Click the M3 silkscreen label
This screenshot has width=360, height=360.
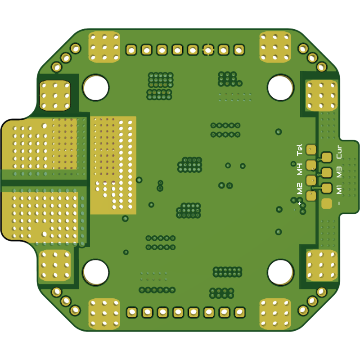coord(339,171)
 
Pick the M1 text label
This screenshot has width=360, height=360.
coord(339,189)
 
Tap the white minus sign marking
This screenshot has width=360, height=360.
coord(339,203)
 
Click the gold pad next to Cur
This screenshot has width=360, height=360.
coord(326,157)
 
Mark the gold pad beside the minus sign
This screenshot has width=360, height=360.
coord(326,203)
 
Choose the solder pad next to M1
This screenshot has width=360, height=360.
coord(326,188)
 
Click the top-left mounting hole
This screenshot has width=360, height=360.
coord(95,87)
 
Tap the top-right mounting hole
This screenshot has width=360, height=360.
coord(280,87)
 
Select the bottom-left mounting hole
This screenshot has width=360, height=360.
coord(95,272)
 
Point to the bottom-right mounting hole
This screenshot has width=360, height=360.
coord(280,272)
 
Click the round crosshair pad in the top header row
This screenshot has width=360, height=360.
coord(208,50)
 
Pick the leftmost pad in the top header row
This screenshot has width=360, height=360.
coord(131,50)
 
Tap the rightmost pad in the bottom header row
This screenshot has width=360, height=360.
coord(239,312)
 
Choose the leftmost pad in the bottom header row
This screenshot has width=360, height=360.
coord(132,312)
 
